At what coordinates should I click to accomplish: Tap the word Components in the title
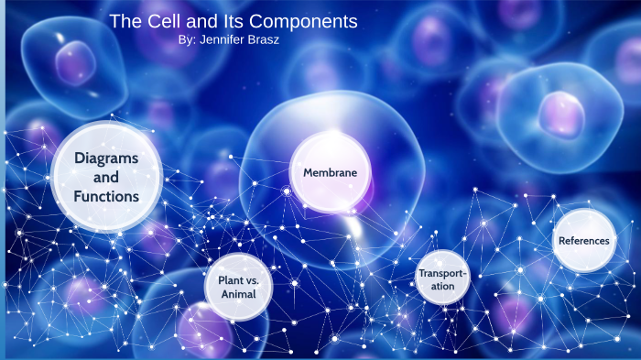pyautogui.click(x=305, y=21)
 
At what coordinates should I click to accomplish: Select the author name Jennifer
pyautogui.click(x=229, y=41)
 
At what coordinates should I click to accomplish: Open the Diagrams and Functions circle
pyautogui.click(x=107, y=177)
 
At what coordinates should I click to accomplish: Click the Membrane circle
pyautogui.click(x=324, y=172)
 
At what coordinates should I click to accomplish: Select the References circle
pyautogui.click(x=583, y=241)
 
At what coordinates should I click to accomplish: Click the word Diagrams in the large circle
pyautogui.click(x=107, y=158)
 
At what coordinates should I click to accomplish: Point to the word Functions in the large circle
pyautogui.click(x=107, y=196)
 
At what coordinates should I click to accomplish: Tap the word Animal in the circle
pyautogui.click(x=238, y=294)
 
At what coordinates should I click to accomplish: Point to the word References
pyautogui.click(x=583, y=241)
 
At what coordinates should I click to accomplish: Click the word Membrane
pyautogui.click(x=324, y=172)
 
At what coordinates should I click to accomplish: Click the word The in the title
pyautogui.click(x=124, y=21)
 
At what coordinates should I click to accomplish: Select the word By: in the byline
pyautogui.click(x=190, y=41)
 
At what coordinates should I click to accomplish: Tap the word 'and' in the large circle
pyautogui.click(x=107, y=177)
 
